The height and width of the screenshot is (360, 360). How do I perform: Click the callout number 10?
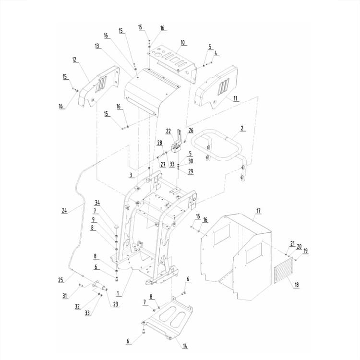tap(182, 42)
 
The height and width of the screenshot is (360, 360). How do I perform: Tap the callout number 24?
tap(65, 210)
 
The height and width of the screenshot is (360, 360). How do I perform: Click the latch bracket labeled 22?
tap(177, 142)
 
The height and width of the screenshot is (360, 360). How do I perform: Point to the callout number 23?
tap(116, 304)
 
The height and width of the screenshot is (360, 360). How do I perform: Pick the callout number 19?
tap(305, 250)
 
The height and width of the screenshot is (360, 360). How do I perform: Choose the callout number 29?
tap(191, 171)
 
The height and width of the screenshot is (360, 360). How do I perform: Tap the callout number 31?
tap(65, 296)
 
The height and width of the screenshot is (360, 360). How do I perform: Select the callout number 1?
tap(119, 293)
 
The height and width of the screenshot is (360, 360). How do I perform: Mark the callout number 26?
tap(191, 130)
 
